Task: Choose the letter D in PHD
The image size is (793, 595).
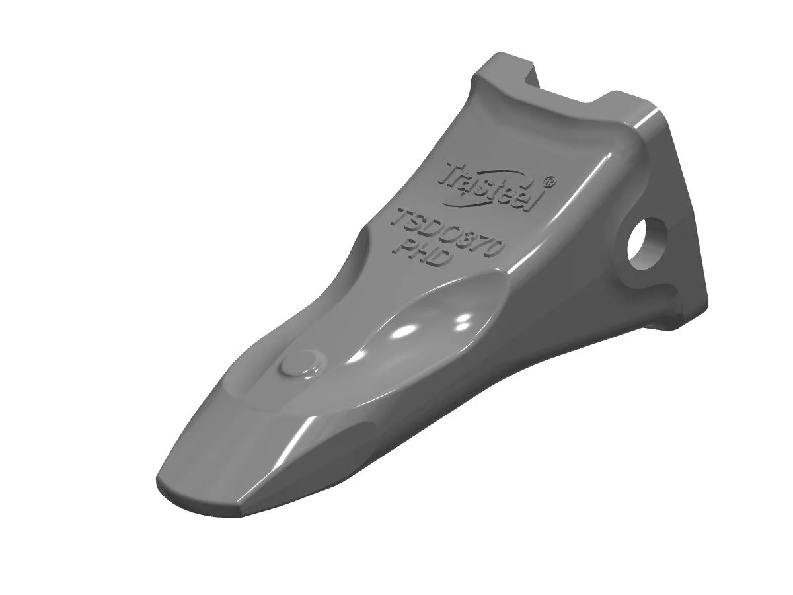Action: [441, 260]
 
